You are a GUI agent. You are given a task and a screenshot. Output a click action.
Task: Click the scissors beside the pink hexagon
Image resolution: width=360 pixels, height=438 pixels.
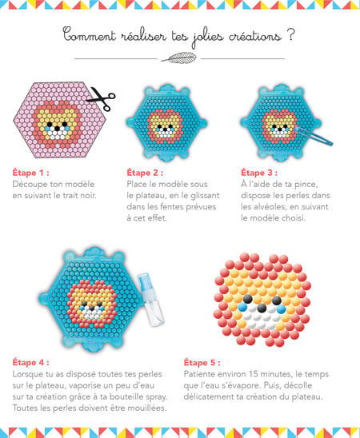click(101, 98)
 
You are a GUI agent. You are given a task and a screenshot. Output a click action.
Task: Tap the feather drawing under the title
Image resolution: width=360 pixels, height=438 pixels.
click(179, 58)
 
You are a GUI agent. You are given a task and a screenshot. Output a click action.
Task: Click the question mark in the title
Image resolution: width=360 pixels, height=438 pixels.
click(290, 35)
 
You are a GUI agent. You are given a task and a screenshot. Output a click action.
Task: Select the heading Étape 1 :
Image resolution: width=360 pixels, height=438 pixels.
click(30, 173)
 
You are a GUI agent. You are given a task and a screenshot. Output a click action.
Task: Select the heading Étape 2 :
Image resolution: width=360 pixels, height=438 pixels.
click(145, 173)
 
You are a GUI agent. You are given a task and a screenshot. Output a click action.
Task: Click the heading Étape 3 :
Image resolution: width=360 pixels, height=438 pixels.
click(259, 173)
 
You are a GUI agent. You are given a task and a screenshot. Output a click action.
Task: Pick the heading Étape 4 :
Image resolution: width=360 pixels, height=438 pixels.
click(30, 362)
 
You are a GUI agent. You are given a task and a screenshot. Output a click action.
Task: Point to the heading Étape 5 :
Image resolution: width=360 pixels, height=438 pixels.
click(202, 362)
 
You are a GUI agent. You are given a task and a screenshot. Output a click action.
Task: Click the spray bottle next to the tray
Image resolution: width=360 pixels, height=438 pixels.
click(150, 300)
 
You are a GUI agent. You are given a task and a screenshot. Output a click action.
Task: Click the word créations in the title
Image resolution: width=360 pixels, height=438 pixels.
click(255, 36)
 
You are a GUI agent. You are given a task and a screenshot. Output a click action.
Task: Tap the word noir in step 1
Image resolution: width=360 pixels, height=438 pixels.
click(88, 195)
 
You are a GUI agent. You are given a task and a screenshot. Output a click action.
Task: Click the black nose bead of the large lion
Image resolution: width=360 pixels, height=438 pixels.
click(262, 308)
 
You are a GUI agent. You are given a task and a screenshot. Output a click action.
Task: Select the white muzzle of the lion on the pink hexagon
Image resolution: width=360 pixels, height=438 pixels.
click(57, 133)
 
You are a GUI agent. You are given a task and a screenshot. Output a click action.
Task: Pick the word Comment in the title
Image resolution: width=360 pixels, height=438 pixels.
click(89, 35)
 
